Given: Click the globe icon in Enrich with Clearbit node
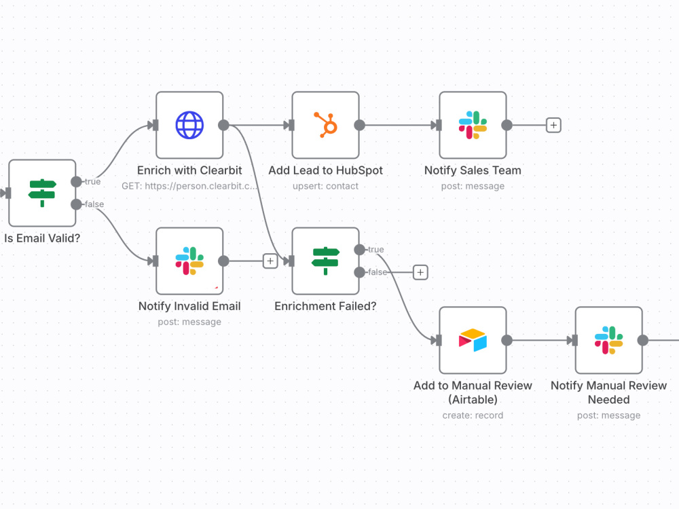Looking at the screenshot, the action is point(189,125).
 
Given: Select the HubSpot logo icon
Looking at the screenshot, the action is point(326,125).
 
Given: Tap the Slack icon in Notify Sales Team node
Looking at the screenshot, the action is point(473,125).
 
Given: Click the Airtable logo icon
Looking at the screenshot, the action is point(473,340).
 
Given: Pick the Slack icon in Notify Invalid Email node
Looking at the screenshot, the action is point(189,261).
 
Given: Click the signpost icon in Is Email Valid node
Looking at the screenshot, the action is point(42,193).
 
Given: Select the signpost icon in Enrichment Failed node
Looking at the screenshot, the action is point(326,261).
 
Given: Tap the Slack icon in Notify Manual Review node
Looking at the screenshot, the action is point(609,340).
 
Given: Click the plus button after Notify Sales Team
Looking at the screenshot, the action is point(553,125).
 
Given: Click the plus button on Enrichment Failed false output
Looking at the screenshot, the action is point(420,272).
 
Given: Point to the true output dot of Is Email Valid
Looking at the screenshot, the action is point(76,181).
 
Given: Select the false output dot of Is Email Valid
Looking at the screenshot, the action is point(76,204).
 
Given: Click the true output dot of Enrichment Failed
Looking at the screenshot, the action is point(359,249).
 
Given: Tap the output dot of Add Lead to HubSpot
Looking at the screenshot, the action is point(359,125).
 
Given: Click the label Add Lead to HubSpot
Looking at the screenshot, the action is point(326,170).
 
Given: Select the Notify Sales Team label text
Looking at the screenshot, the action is point(473,170).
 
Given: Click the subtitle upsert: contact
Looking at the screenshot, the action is point(326,186).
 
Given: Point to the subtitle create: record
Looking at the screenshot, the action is point(473,415).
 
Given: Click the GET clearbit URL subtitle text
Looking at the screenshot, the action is point(189,186).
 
